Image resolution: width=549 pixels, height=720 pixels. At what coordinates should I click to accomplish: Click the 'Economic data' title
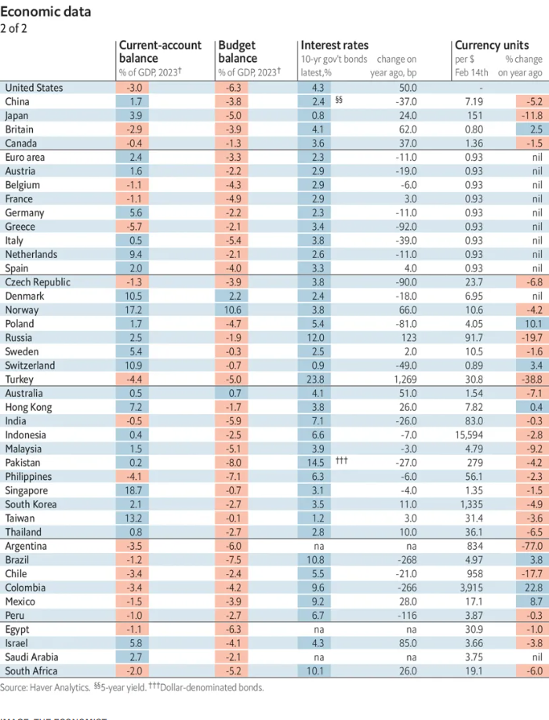[45, 12]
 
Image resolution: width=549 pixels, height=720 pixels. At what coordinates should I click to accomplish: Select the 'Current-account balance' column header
[160, 51]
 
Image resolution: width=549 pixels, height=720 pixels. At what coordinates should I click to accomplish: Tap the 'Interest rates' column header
[334, 45]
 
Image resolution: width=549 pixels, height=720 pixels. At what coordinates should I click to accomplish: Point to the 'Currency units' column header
[492, 45]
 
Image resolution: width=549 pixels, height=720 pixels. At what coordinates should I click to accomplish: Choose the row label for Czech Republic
[38, 282]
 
